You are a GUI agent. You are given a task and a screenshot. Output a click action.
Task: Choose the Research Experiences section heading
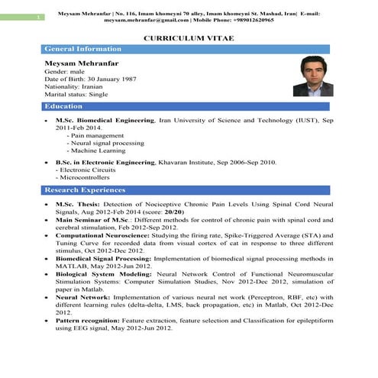[85, 189]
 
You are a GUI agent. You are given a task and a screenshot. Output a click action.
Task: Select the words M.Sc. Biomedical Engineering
[105, 121]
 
